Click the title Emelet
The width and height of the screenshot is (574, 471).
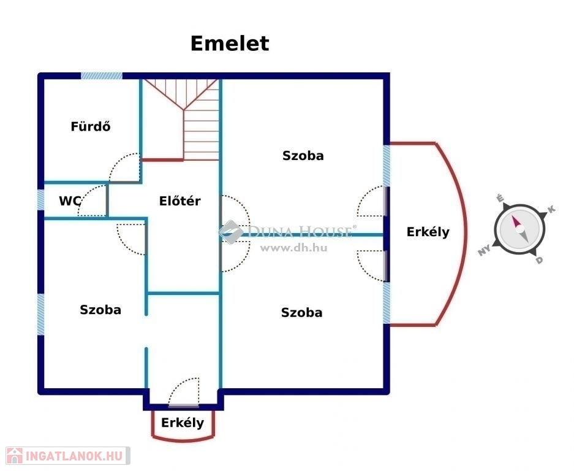(x=229, y=44)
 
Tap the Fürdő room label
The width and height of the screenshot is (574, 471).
(x=90, y=127)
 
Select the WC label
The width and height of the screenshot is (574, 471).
(x=71, y=201)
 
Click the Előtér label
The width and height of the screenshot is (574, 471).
(x=179, y=201)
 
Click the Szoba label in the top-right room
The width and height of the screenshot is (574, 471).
(x=303, y=156)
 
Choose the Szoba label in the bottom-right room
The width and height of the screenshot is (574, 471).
(x=301, y=313)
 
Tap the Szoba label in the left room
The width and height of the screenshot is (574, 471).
(x=100, y=310)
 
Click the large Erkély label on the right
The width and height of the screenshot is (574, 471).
(x=428, y=232)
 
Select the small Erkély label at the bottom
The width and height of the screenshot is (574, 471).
(x=183, y=423)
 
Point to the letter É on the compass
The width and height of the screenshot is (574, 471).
(x=500, y=199)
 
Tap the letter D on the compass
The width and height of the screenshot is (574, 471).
(x=539, y=260)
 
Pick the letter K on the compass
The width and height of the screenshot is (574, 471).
(x=551, y=210)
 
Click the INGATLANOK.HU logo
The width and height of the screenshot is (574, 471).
(x=66, y=456)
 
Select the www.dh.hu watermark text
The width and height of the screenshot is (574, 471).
(x=293, y=248)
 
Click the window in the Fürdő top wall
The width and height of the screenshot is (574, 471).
(x=102, y=76)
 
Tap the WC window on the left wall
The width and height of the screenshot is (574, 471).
(x=40, y=200)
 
